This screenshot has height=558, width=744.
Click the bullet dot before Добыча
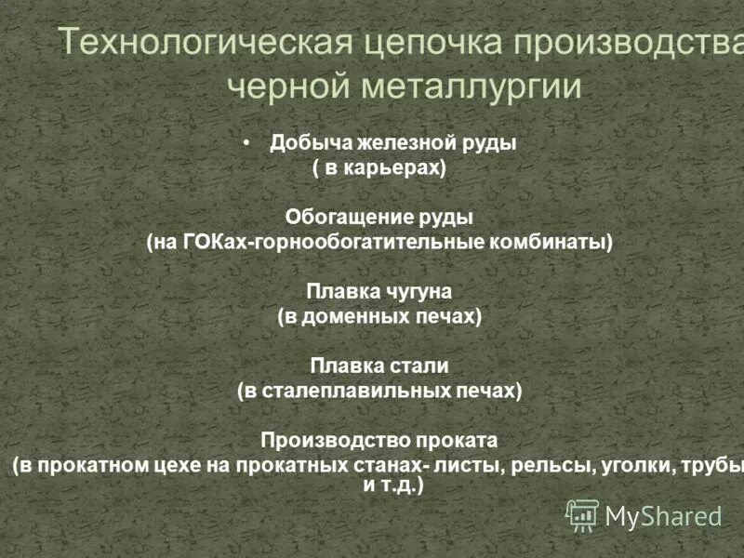(x=246, y=143)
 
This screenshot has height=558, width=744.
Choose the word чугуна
(x=412, y=292)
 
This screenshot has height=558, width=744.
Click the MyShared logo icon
(x=583, y=515)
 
